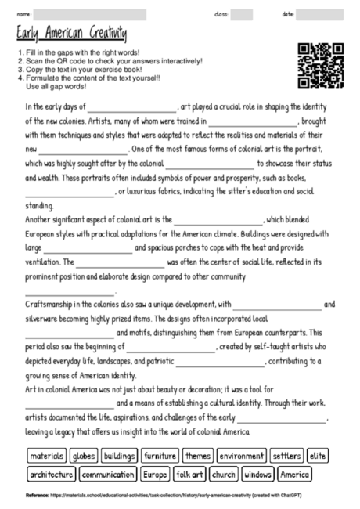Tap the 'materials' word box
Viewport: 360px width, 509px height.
click(46, 456)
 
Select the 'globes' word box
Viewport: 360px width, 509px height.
click(83, 456)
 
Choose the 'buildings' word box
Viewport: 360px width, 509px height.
click(119, 456)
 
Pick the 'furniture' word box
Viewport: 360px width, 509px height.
click(160, 456)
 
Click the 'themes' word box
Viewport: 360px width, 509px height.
click(198, 456)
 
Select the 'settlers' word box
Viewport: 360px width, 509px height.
click(286, 456)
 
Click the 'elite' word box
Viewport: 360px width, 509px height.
click(317, 456)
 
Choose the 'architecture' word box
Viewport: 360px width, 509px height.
click(52, 474)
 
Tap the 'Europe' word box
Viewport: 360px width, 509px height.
click(155, 474)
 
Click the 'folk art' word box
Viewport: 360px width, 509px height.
click(190, 474)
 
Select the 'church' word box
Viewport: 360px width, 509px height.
click(224, 474)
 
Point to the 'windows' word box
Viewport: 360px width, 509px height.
click(257, 474)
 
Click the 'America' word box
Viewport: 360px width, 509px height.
click(294, 474)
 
